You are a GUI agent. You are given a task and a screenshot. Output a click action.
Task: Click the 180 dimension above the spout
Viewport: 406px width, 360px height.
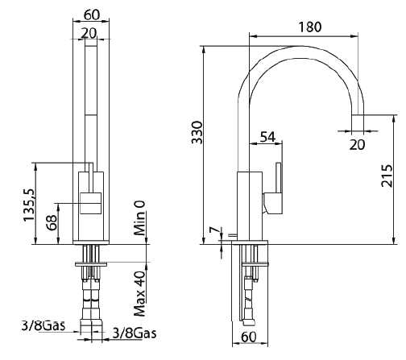click(309, 27)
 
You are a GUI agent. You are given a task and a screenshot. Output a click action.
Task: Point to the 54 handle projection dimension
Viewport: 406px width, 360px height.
click(268, 137)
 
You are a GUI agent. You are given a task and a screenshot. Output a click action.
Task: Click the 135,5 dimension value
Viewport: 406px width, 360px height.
click(29, 206)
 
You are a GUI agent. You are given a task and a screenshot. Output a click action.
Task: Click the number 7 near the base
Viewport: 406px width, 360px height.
click(213, 231)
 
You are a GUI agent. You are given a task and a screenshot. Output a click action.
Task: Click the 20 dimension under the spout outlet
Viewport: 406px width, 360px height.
click(358, 144)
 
